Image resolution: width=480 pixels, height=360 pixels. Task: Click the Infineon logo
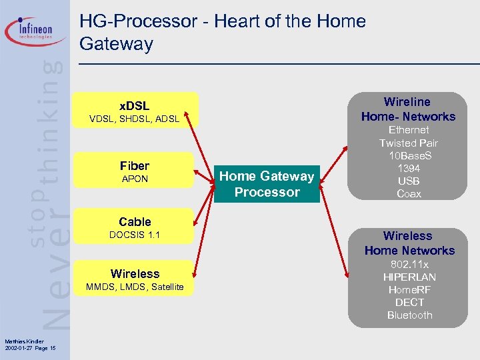[x=37, y=31]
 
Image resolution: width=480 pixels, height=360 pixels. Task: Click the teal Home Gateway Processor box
[x=267, y=184]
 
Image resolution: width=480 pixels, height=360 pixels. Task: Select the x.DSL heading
[x=134, y=106]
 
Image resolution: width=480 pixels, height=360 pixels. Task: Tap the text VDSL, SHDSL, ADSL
[x=134, y=119]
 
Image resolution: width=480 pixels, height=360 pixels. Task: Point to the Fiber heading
[x=135, y=165]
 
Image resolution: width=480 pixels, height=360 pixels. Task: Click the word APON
[x=135, y=179]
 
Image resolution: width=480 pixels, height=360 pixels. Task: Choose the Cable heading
[x=135, y=221]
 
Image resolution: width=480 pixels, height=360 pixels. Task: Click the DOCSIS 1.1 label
[x=135, y=235]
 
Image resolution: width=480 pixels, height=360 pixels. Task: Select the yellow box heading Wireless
[x=135, y=273]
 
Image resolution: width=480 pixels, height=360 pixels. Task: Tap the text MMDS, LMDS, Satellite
[x=135, y=287]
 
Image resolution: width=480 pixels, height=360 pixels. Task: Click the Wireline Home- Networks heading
[x=408, y=109]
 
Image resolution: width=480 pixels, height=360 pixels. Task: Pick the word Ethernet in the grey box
[x=409, y=130]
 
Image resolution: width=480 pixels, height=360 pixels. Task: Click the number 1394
[x=409, y=169]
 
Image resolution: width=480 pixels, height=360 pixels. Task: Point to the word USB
[x=409, y=181]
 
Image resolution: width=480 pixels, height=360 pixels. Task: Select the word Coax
[x=409, y=194]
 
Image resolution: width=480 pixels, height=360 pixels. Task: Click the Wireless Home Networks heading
[x=409, y=243]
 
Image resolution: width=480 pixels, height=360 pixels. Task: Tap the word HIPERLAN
[x=409, y=277]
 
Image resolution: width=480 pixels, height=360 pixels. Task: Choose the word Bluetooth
[x=409, y=315]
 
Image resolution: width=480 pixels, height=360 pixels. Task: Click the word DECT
[x=409, y=302]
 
